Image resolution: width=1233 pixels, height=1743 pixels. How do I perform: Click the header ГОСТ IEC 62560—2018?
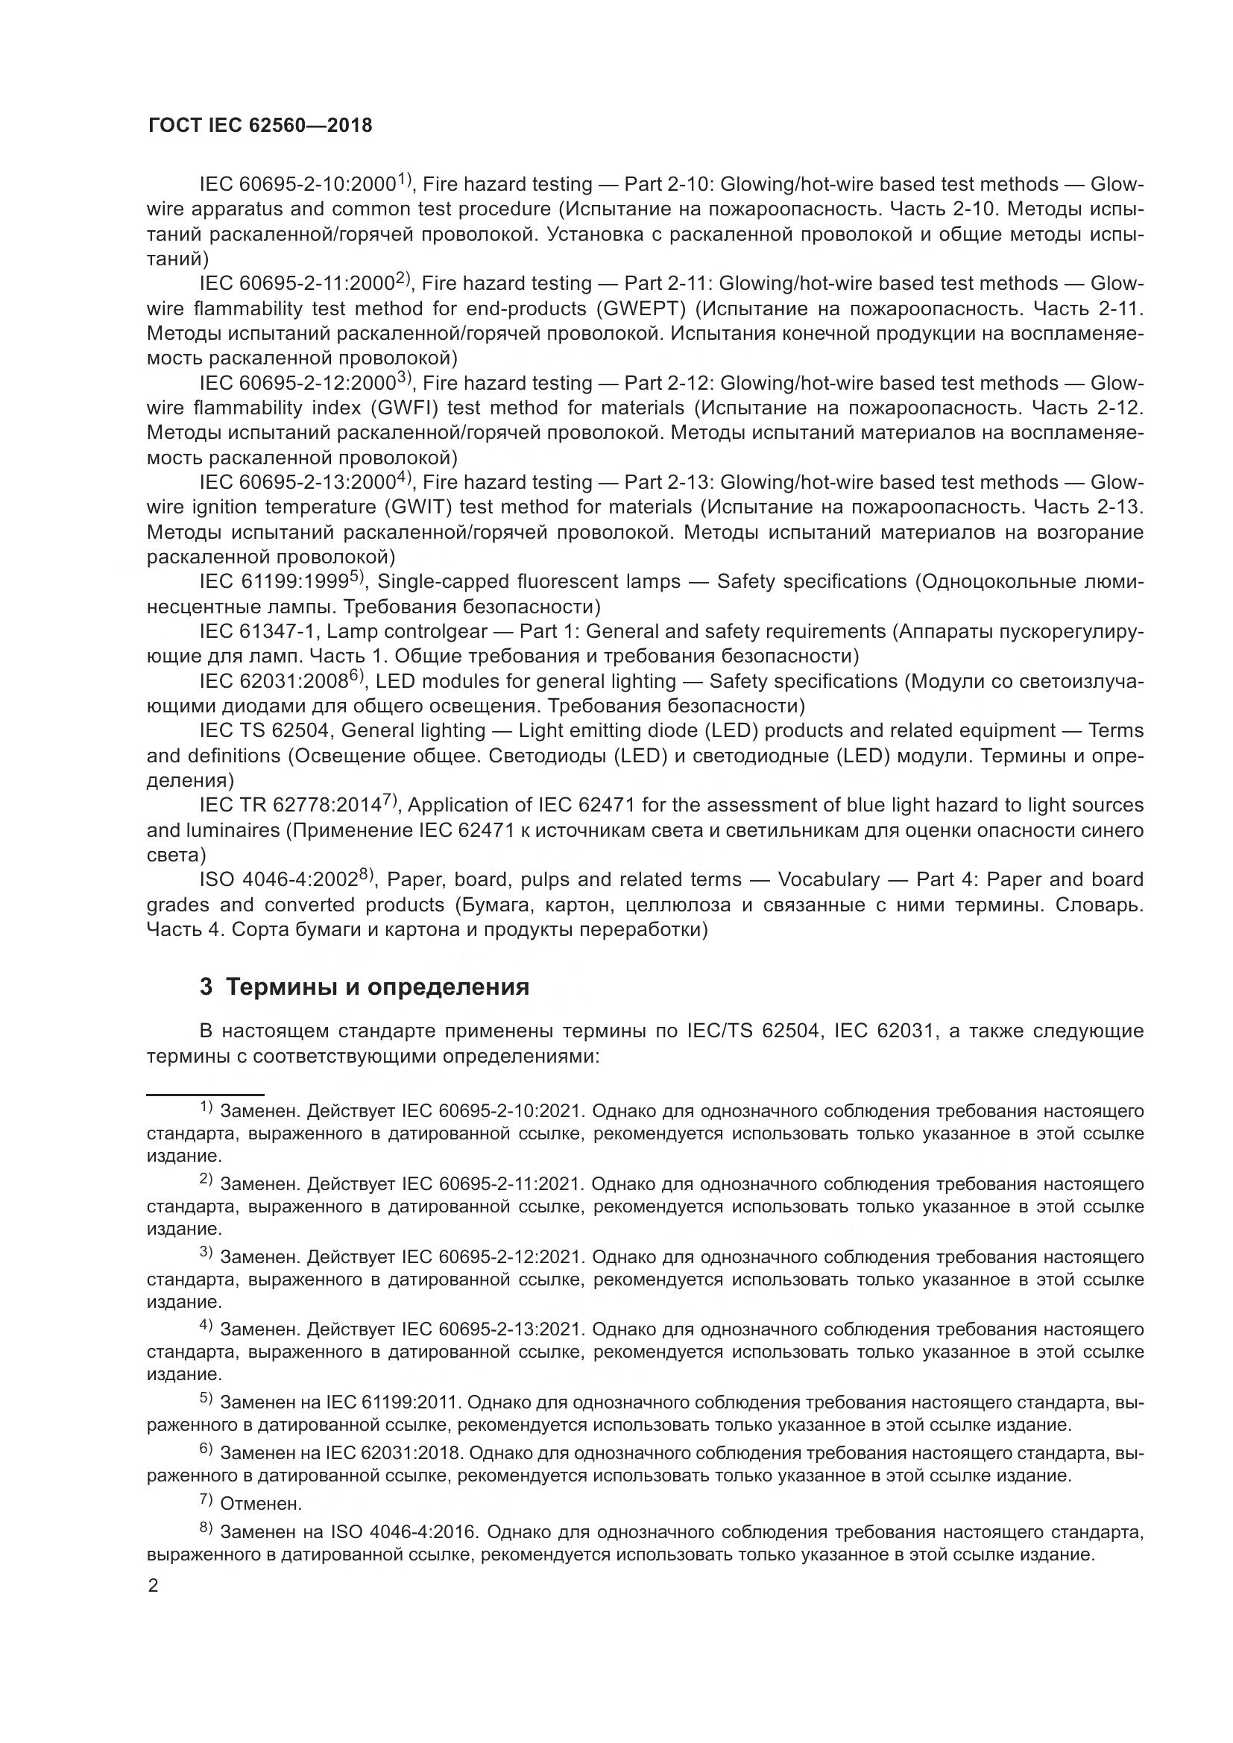pyautogui.click(x=259, y=126)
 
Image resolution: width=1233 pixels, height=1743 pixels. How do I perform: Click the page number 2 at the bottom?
pyautogui.click(x=154, y=1586)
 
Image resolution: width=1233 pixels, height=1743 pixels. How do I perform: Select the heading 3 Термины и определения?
pyautogui.click(x=365, y=987)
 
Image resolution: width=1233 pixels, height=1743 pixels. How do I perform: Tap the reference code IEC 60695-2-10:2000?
pyautogui.click(x=297, y=185)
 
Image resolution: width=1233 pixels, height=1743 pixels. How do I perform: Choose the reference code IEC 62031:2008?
pyautogui.click(x=274, y=682)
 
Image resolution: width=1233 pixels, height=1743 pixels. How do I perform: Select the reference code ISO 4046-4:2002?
pyautogui.click(x=278, y=880)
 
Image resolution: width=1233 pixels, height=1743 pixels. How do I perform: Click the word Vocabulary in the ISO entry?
pyautogui.click(x=828, y=880)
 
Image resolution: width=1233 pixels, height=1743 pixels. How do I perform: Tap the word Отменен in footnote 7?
pyautogui.click(x=260, y=1503)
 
